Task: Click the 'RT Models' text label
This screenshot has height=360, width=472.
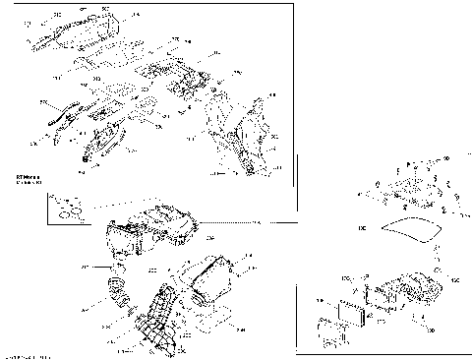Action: pos(27,178)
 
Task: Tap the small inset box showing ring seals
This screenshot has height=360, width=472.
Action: pos(65,207)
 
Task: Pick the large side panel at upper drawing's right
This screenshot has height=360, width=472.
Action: pos(251,133)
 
